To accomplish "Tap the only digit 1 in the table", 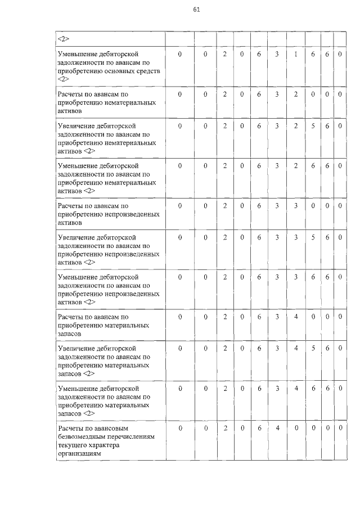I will pos(295,54).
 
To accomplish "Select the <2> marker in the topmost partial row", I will pos(63,39).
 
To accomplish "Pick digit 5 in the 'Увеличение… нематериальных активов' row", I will pos(313,126).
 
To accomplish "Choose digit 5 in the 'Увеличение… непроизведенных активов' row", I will pos(313,237).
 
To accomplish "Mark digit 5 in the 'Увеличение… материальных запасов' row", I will pos(313,349).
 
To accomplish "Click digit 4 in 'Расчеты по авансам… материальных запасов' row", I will pos(295,317).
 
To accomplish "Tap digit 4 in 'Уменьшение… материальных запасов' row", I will pos(295,388).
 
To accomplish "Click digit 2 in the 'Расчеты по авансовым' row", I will pos(224,429).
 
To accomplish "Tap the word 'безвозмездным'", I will pos(84,437).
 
